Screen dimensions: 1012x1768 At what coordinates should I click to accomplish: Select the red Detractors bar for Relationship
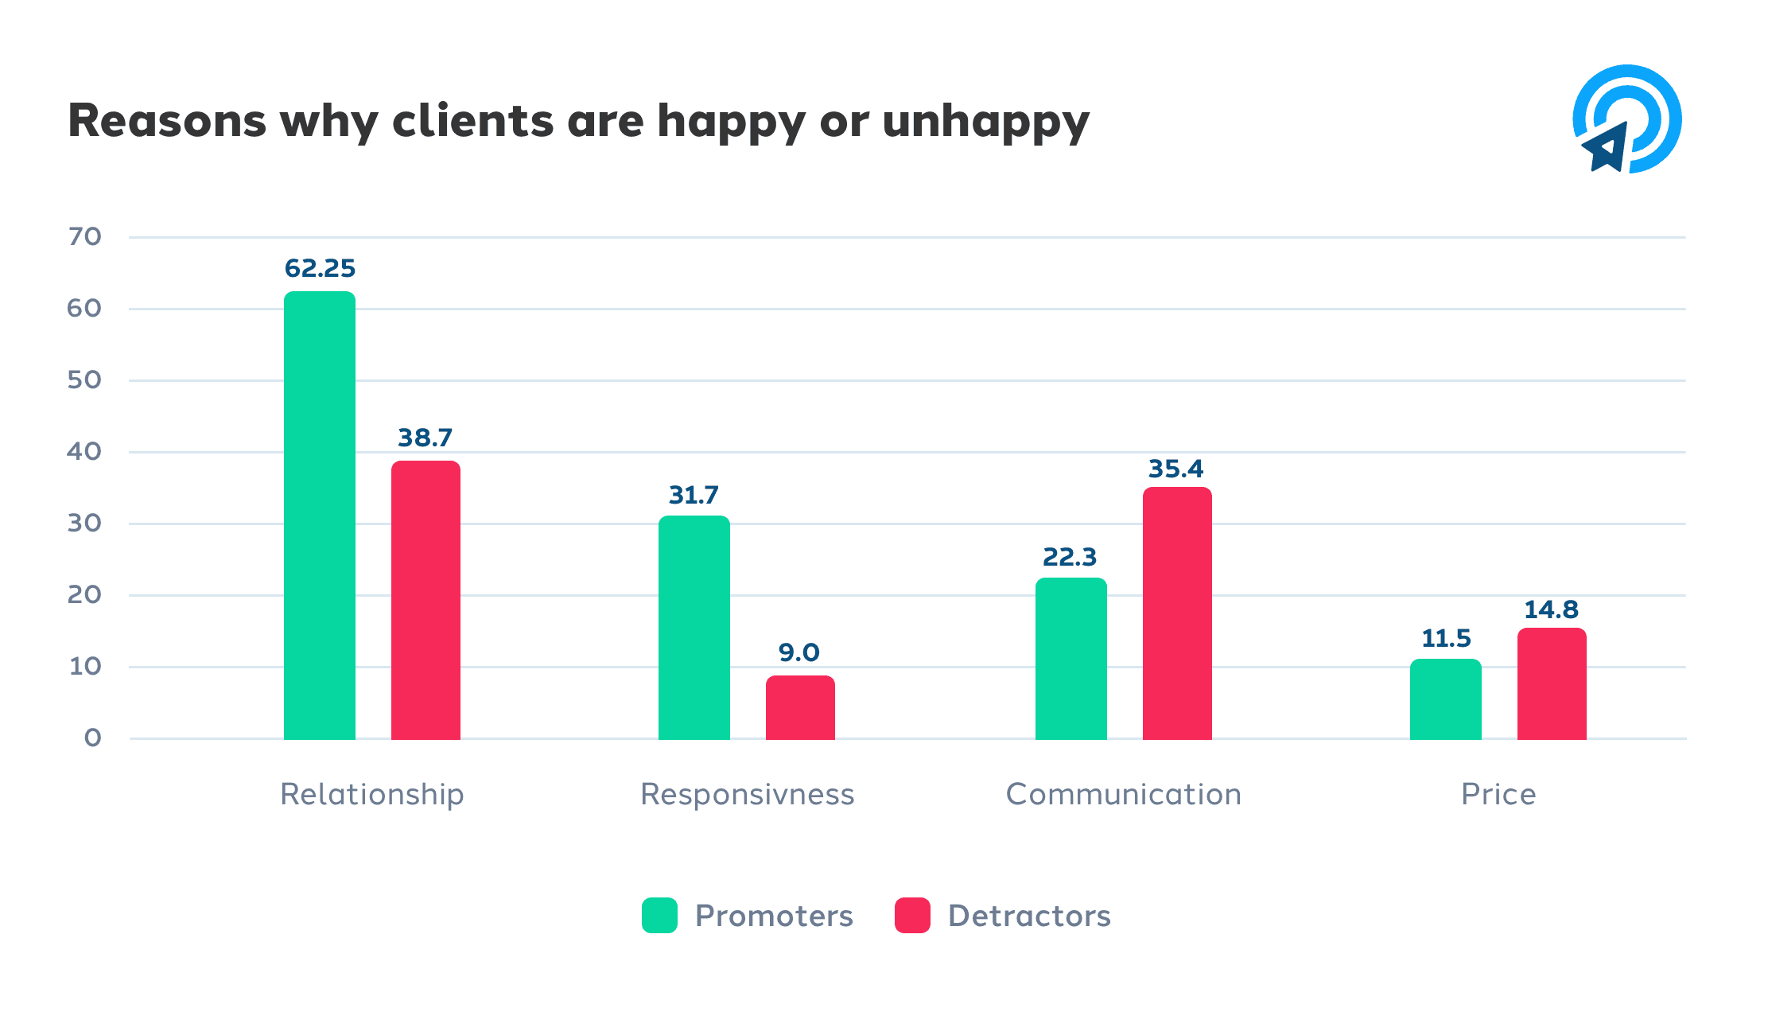point(425,601)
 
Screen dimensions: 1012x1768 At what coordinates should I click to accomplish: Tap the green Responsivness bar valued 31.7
point(694,628)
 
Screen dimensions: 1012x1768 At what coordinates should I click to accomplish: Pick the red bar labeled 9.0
point(800,707)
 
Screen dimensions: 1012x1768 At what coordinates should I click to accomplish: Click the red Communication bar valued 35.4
point(1177,613)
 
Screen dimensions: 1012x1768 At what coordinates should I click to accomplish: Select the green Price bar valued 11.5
point(1445,699)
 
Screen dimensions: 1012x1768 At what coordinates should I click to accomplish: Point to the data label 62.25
point(320,269)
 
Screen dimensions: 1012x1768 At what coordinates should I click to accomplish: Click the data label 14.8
point(1551,610)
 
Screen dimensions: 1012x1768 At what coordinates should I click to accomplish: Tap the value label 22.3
point(1070,558)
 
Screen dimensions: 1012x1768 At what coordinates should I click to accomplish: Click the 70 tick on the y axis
point(84,237)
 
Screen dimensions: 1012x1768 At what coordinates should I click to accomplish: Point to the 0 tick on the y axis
point(92,738)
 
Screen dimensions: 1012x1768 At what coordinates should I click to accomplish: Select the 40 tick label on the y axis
point(84,452)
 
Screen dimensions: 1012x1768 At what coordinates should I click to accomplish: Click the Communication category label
point(1123,795)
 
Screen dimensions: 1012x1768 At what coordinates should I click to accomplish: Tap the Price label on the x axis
point(1498,795)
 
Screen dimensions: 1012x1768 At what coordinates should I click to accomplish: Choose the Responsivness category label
point(747,795)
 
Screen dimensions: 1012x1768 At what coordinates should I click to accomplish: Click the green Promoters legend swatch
point(659,916)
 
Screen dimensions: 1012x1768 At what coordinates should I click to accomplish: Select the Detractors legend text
point(1029,917)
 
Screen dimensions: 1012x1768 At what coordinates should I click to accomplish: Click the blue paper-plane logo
point(1626,119)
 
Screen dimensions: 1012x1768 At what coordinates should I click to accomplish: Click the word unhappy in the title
point(985,123)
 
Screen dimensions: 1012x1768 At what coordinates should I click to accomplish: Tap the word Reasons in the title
point(167,121)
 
